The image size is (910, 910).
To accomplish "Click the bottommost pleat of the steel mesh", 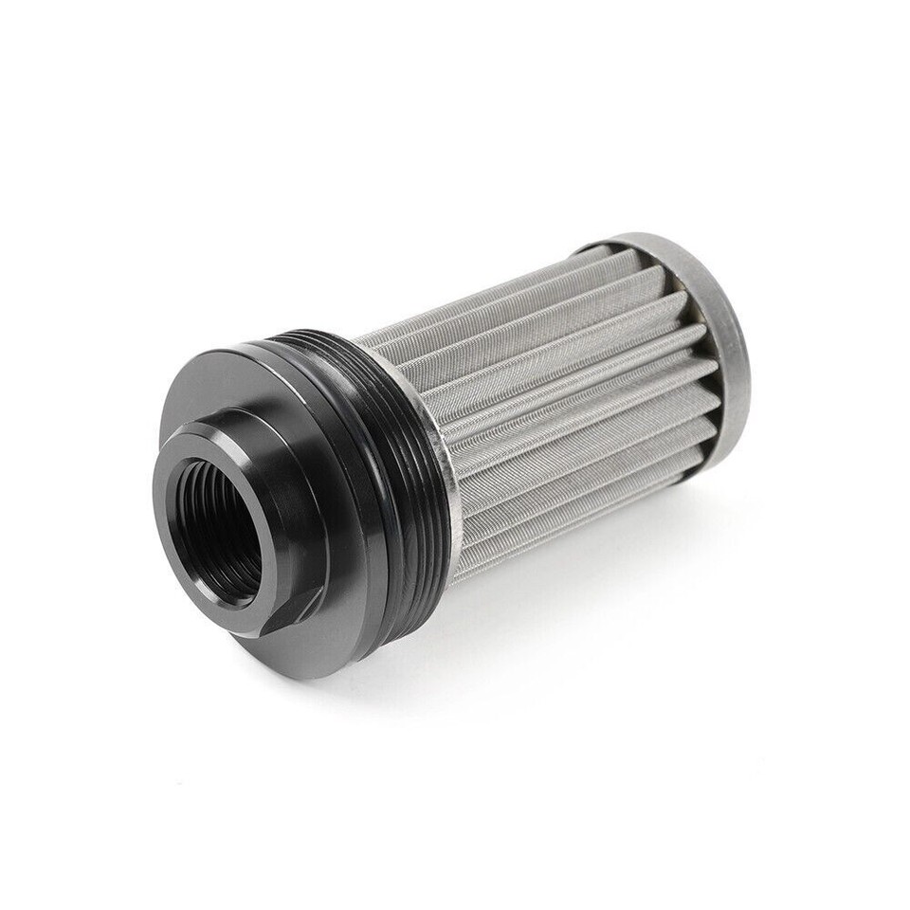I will coord(569,540).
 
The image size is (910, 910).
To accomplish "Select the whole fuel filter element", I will coord(455,455).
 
